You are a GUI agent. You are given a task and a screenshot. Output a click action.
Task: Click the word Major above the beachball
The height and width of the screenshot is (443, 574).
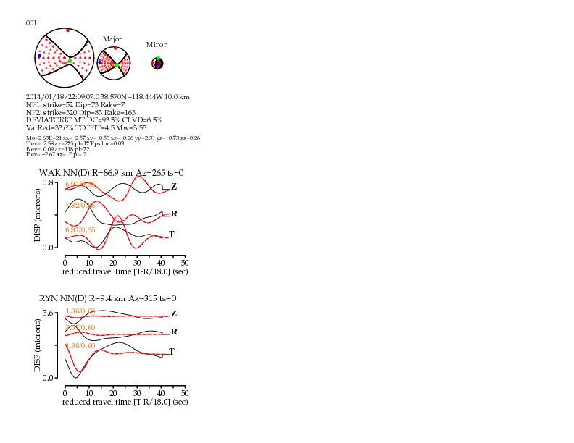[x=112, y=39]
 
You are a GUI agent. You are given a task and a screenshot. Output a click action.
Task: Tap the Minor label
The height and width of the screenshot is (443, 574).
[x=157, y=45]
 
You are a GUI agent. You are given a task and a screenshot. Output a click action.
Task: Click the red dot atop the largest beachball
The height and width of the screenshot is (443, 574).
[x=67, y=30]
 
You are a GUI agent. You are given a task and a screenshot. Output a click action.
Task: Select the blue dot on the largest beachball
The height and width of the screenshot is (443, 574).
[x=40, y=56]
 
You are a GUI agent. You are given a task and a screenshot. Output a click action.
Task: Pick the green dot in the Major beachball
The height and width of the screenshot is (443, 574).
[x=116, y=65]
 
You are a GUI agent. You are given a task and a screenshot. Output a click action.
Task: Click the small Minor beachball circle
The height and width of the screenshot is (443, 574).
[x=157, y=64]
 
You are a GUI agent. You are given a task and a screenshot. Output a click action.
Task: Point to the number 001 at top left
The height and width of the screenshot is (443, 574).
[x=31, y=22]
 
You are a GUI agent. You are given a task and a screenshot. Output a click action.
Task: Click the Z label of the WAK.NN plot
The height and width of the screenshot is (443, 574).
[x=174, y=187]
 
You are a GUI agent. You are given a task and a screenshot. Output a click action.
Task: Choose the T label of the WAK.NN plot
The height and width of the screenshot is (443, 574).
[x=172, y=235]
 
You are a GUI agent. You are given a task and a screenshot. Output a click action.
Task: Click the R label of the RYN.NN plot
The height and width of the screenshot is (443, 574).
[x=174, y=332]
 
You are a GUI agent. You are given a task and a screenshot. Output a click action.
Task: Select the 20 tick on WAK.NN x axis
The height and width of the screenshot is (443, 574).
[x=112, y=262]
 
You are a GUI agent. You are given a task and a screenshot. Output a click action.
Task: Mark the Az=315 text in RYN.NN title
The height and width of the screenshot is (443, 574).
[x=141, y=298]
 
